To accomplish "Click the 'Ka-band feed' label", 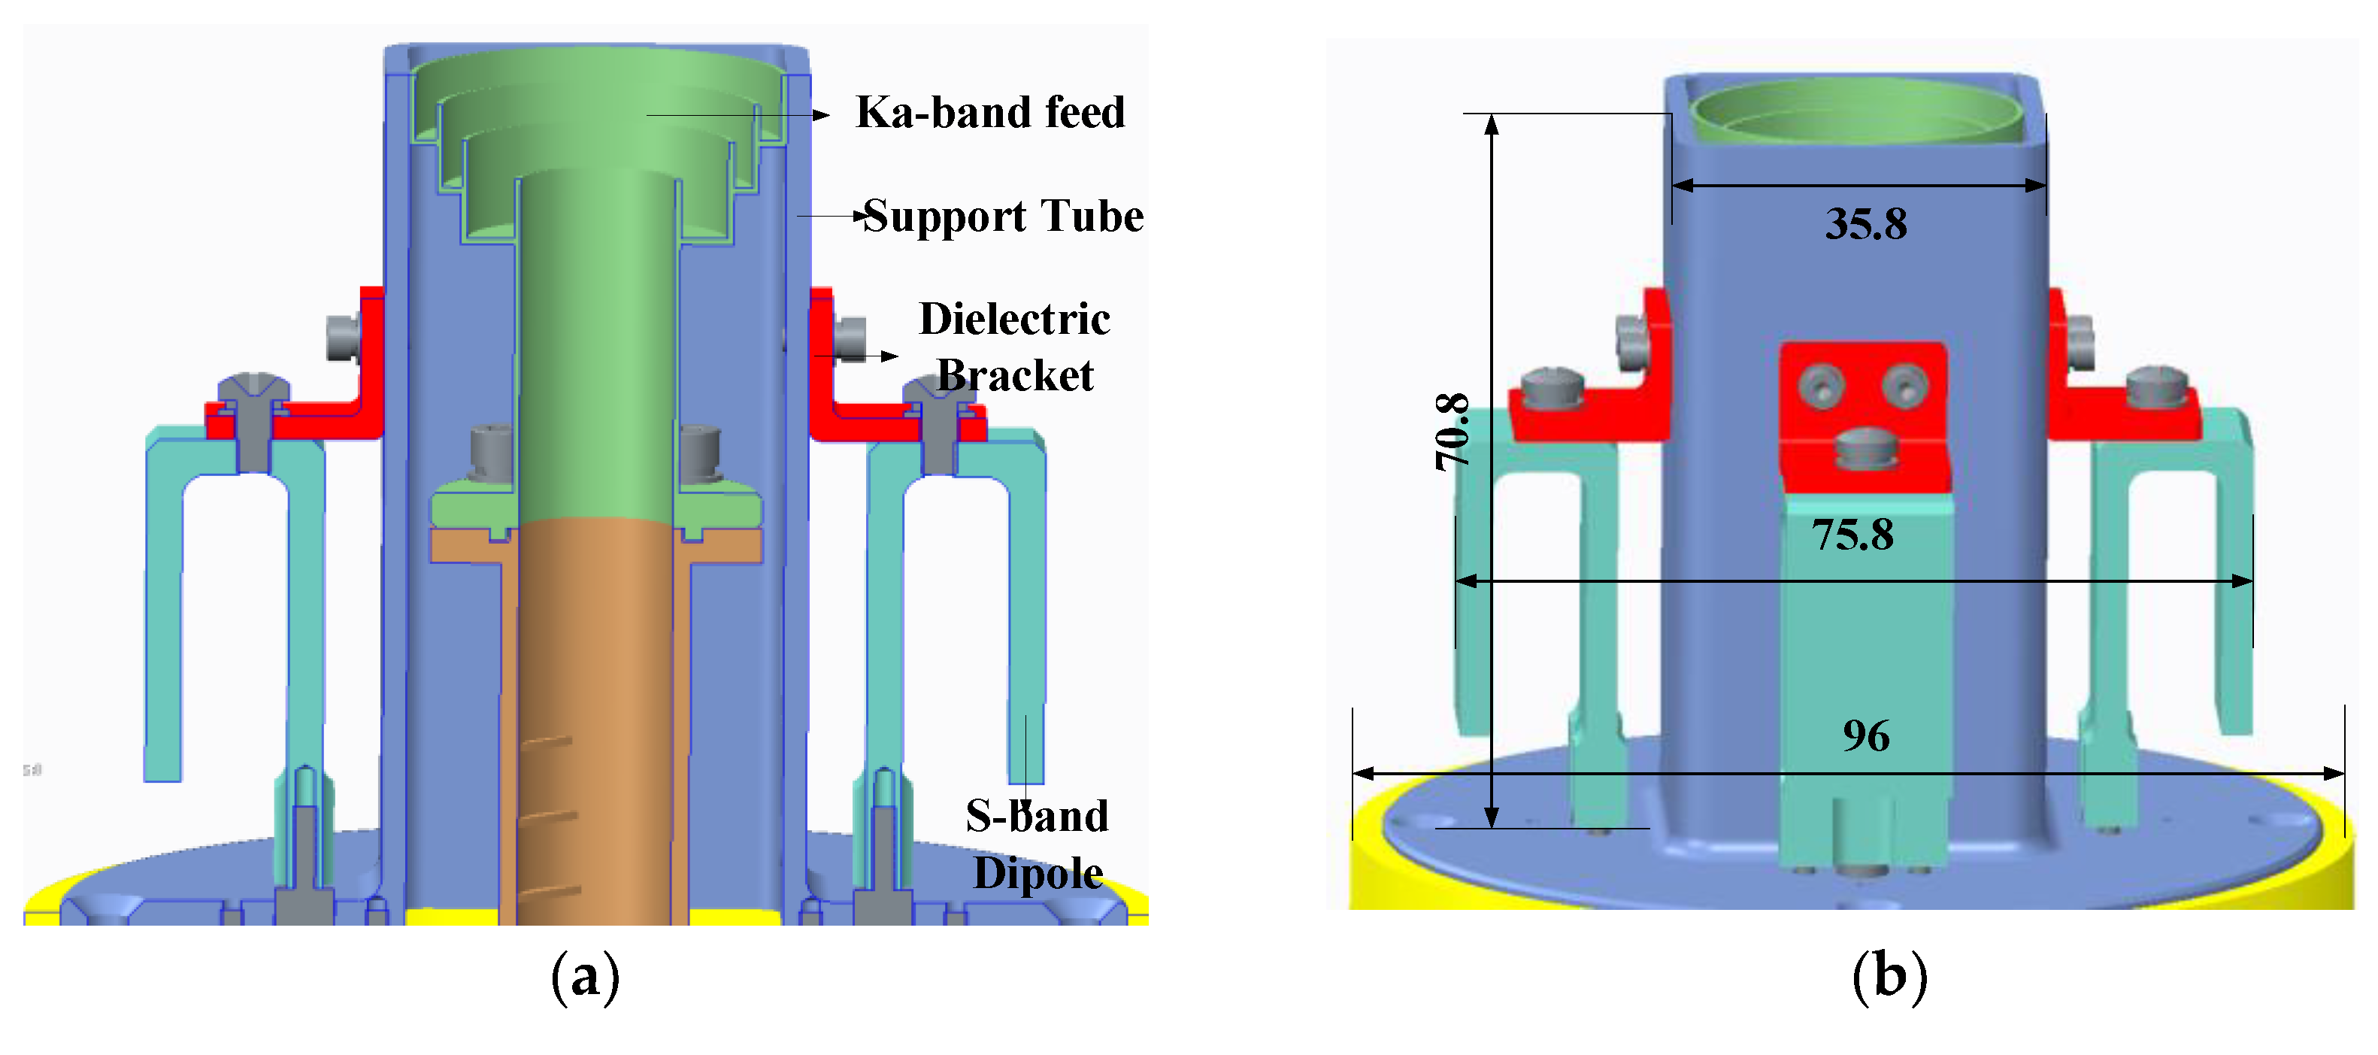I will click(989, 113).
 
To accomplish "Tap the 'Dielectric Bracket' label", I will click(1013, 346).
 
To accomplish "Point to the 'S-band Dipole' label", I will click(1037, 844).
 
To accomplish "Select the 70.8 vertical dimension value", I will click(1452, 432).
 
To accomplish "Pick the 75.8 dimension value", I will click(1852, 535).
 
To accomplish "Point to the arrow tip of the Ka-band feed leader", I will click(824, 115).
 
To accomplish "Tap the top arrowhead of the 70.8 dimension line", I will click(1491, 123).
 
